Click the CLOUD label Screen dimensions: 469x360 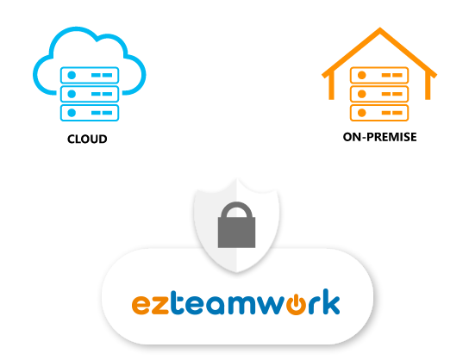coord(87,139)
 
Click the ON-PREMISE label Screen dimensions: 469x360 coord(379,137)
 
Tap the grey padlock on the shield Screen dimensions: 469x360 coord(236,225)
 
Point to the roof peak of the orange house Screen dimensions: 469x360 coord(380,28)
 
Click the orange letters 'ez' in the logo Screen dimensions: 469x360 coord(151,304)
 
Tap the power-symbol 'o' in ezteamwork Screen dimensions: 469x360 coord(296,304)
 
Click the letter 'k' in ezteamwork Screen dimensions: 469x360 coord(331,301)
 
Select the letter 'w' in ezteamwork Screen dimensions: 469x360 coord(270,305)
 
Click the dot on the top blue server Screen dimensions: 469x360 coord(72,75)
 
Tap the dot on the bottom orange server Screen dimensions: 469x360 coord(361,113)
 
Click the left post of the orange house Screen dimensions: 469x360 coord(331,87)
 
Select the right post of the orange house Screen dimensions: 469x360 coord(428,87)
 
